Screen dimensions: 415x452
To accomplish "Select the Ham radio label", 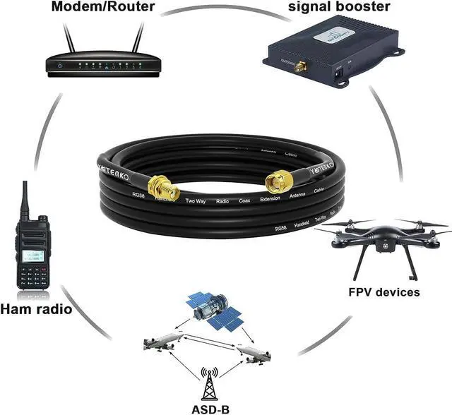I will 36,308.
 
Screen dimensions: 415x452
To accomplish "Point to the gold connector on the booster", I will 299,68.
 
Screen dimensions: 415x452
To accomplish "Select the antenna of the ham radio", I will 25,199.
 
